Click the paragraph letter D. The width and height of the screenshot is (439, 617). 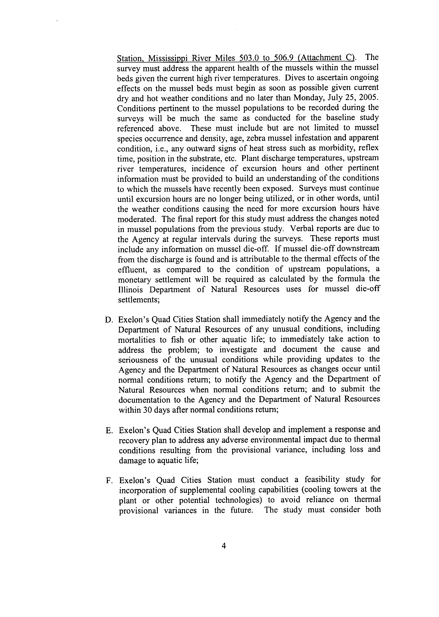pyautogui.click(x=108, y=320)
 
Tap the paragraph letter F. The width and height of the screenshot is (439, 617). pyautogui.click(x=109, y=481)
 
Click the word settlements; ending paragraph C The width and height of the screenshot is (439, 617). pyautogui.click(x=139, y=300)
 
